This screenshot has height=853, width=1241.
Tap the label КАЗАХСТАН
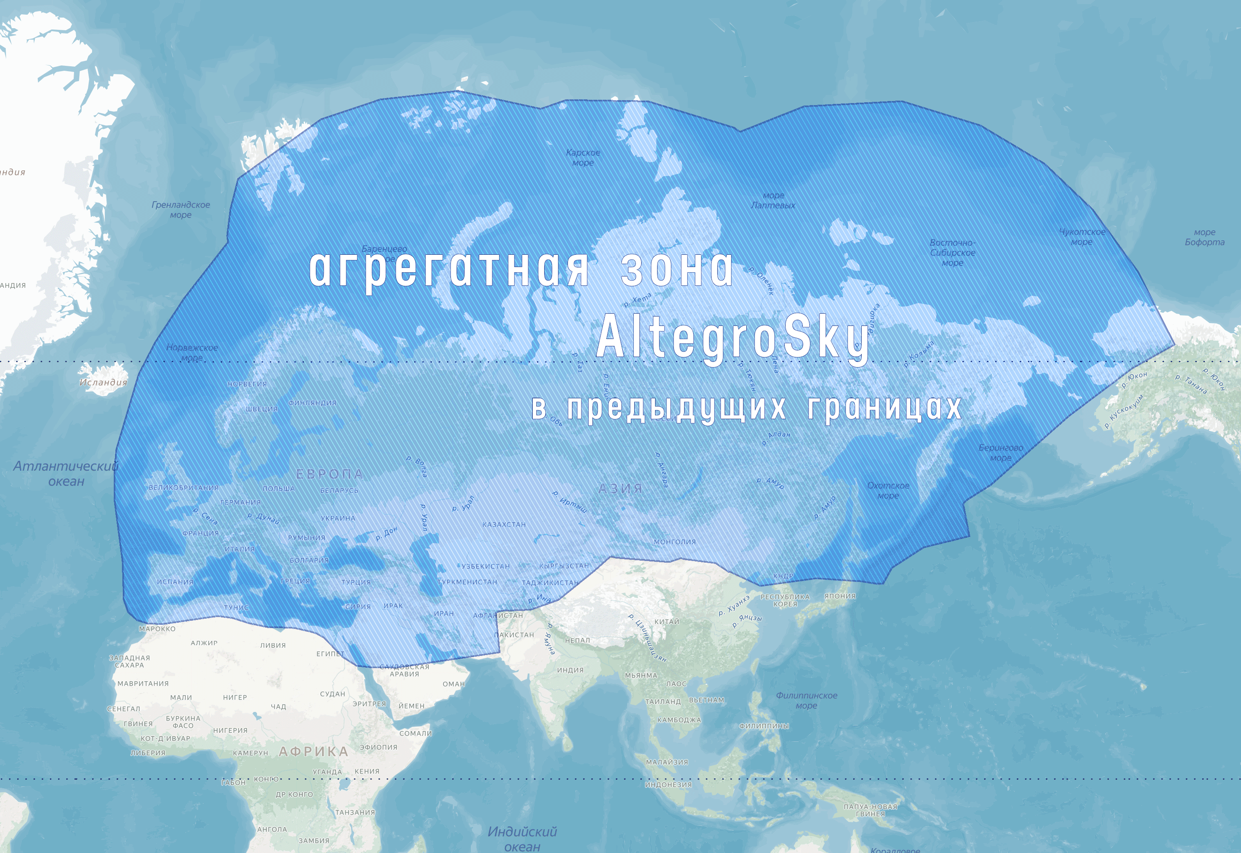(504, 524)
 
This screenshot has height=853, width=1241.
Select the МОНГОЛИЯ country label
(675, 541)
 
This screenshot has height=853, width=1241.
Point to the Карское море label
(583, 158)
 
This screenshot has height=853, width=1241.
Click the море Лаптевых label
(773, 200)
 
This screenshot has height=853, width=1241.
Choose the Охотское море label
(888, 491)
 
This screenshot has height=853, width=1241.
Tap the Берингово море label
(1001, 453)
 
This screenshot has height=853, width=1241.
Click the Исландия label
(103, 382)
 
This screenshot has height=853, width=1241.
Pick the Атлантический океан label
(66, 474)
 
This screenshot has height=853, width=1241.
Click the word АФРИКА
(314, 752)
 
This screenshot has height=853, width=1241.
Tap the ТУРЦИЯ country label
(356, 582)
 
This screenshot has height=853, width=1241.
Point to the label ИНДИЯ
(570, 670)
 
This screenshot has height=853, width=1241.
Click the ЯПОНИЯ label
(840, 596)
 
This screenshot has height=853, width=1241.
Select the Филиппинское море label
(806, 700)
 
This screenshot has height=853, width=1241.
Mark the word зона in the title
(676, 269)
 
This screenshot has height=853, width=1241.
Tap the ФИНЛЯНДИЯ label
(312, 402)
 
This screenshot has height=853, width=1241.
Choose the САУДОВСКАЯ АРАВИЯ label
(404, 670)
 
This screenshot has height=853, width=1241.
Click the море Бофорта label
(1204, 237)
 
